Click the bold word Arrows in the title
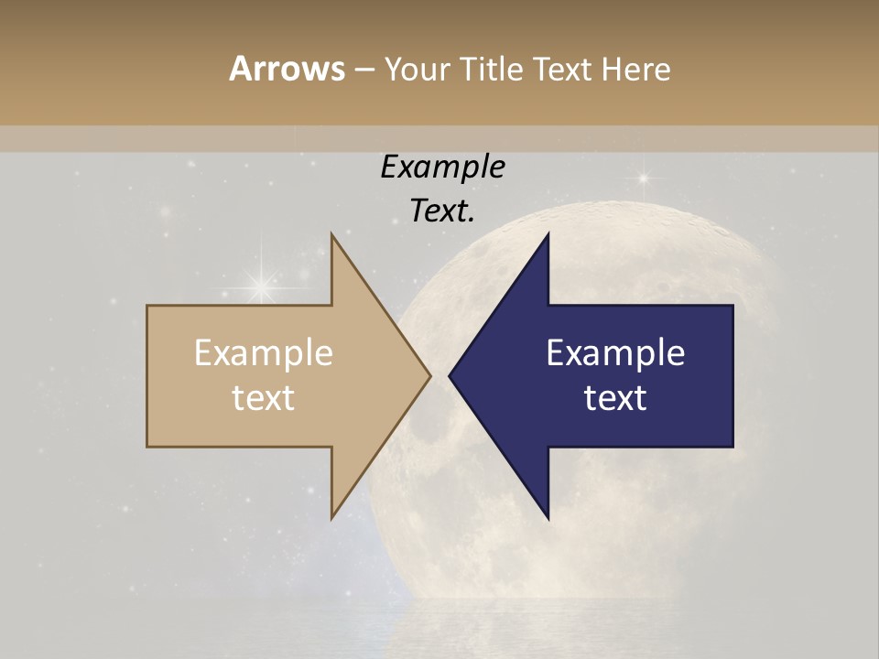(x=287, y=69)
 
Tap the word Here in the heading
(x=636, y=69)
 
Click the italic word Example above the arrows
(x=442, y=167)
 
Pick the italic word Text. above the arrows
(x=442, y=211)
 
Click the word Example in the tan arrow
(x=264, y=353)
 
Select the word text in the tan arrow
(x=264, y=397)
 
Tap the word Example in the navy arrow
(x=615, y=353)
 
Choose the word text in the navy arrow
(x=615, y=397)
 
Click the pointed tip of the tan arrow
(x=430, y=376)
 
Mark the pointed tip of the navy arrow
(x=450, y=376)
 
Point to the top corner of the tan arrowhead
(x=332, y=235)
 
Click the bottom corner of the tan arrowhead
(x=332, y=518)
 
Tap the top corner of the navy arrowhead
(x=548, y=235)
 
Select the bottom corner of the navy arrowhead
(x=548, y=518)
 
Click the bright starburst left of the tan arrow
(x=262, y=286)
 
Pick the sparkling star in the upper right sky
(x=643, y=178)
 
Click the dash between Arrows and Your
(x=364, y=70)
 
